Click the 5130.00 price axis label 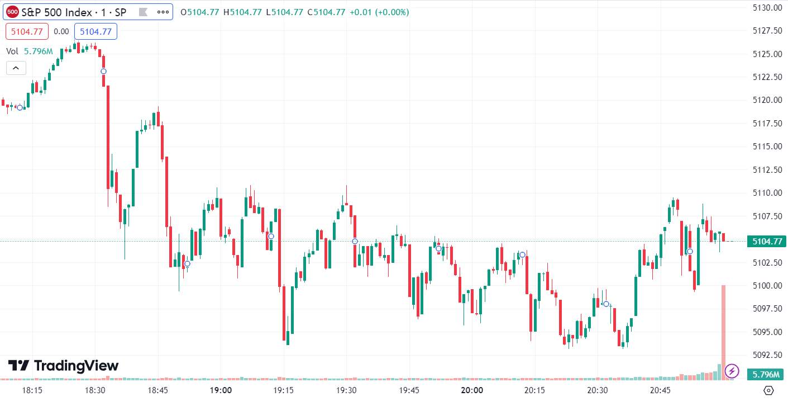767,8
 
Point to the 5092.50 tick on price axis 767,355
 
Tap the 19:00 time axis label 221,390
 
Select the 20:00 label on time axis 472,390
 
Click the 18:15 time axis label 32,390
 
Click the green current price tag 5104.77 767,242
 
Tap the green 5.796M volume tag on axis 767,374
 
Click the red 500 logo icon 13,12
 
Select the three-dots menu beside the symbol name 163,12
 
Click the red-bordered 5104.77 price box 27,32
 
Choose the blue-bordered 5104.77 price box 95,32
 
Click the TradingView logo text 77,366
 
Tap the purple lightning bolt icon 732,371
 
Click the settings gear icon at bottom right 768,390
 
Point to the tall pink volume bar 723,332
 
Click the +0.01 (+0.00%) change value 379,12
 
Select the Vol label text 12,51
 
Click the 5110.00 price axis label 767,193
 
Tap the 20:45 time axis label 660,390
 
